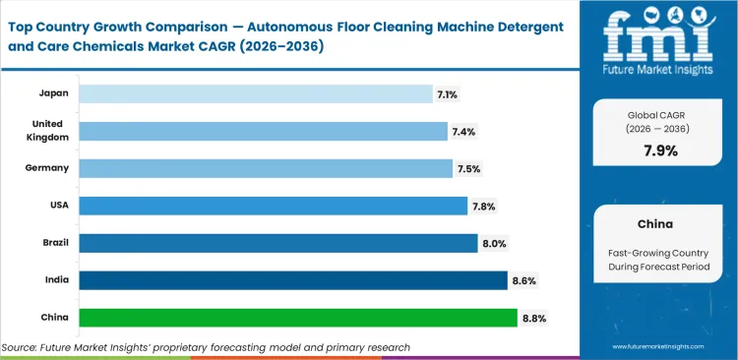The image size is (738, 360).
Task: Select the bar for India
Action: (292, 280)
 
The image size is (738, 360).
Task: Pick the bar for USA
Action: (273, 206)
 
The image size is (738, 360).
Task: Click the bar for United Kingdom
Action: (263, 131)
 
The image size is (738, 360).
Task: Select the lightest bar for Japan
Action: (255, 93)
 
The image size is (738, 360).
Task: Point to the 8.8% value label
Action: (534, 318)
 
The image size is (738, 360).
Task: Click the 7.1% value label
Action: (449, 93)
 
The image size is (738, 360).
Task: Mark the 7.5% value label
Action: (469, 168)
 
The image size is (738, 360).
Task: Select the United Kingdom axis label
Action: (46, 131)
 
